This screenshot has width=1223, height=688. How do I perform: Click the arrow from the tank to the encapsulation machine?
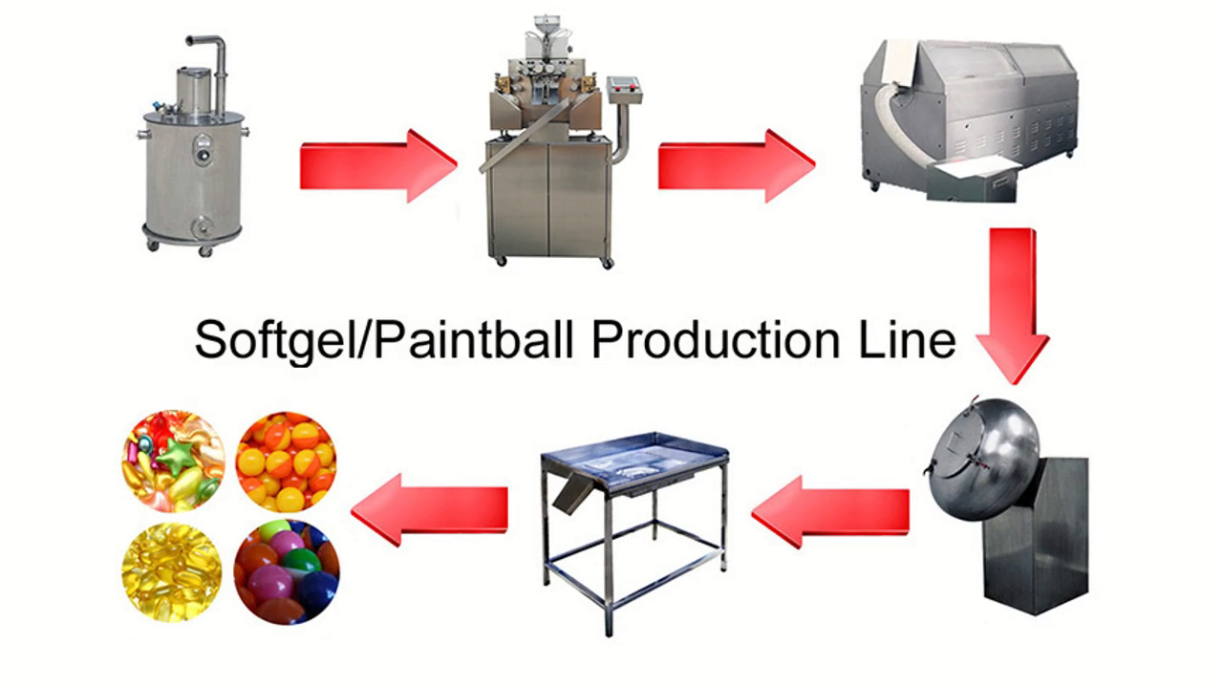[377, 165]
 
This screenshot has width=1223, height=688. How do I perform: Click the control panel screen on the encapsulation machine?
[625, 87]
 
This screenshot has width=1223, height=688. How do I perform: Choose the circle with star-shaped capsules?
[173, 462]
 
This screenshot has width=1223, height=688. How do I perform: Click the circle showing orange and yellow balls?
[286, 462]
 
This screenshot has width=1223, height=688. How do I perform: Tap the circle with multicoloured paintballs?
[286, 571]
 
